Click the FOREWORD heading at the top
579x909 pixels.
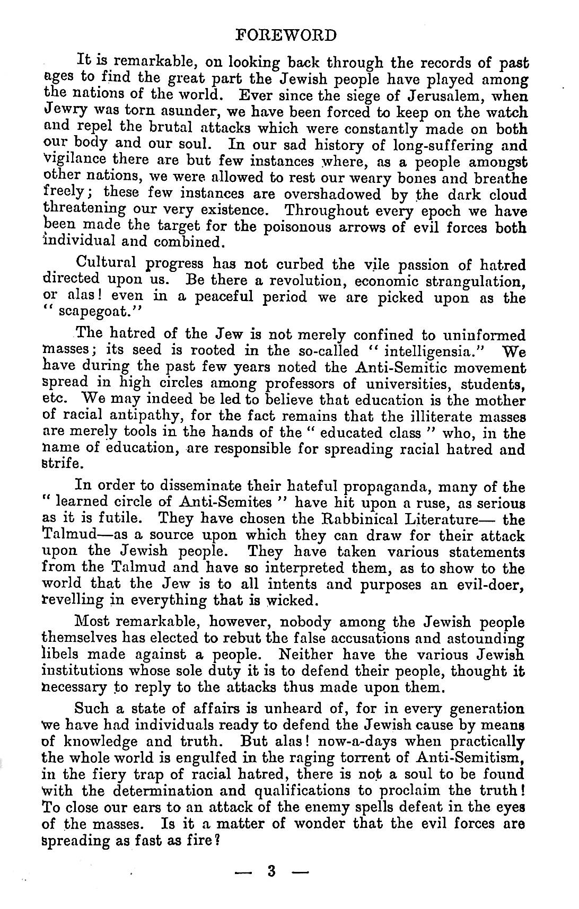[x=286, y=36]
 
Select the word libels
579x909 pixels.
[x=64, y=655]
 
